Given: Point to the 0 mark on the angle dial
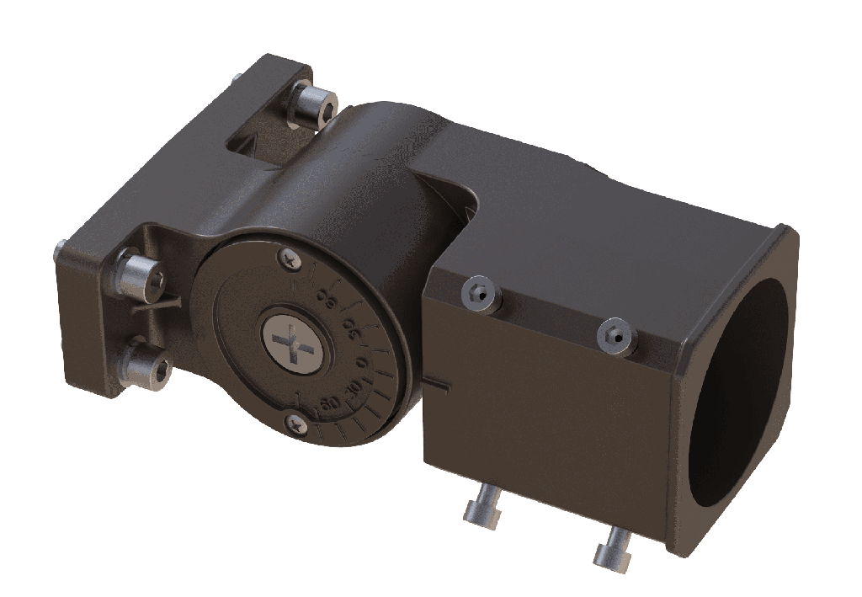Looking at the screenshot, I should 361,363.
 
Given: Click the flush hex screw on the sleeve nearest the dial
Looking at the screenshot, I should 478,291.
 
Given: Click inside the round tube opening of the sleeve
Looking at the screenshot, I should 741,396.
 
